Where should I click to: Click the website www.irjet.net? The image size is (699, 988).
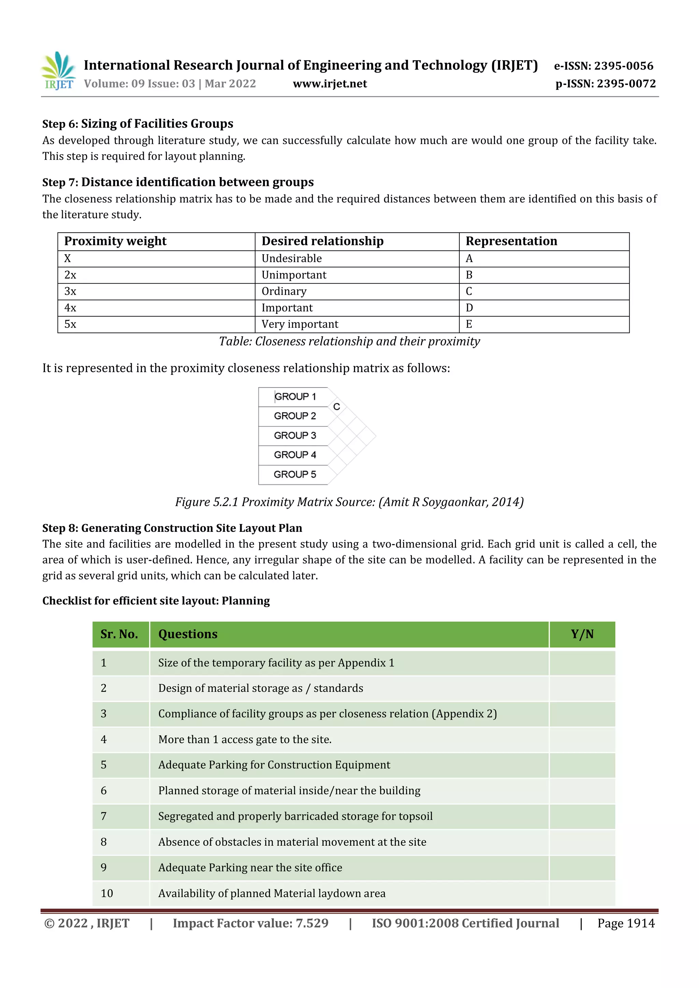pyautogui.click(x=330, y=84)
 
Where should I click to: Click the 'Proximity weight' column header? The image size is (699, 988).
pyautogui.click(x=115, y=241)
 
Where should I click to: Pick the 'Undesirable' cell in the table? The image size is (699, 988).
pyautogui.click(x=291, y=259)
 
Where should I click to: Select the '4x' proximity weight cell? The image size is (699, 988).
pyautogui.click(x=70, y=308)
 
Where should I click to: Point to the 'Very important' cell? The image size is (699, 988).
pyautogui.click(x=300, y=324)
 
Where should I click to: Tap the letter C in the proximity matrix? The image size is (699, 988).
pyautogui.click(x=337, y=407)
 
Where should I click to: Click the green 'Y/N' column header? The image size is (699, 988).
pyautogui.click(x=582, y=634)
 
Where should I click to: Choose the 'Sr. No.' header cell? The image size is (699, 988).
pyautogui.click(x=119, y=634)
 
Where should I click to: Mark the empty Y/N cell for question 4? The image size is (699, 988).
pyautogui.click(x=582, y=740)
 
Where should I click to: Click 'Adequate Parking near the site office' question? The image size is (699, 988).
pyautogui.click(x=250, y=868)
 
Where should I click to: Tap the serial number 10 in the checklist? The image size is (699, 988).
pyautogui.click(x=107, y=894)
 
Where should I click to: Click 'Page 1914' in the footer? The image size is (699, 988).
pyautogui.click(x=626, y=924)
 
